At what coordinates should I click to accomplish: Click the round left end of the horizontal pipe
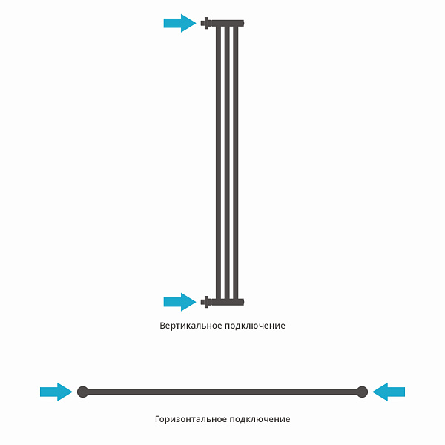click(x=82, y=392)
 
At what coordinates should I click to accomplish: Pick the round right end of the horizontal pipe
click(x=362, y=392)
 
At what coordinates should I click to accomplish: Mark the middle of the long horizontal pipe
click(x=222, y=392)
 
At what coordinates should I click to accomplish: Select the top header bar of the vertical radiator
click(x=226, y=23)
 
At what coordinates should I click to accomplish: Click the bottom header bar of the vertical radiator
click(x=226, y=302)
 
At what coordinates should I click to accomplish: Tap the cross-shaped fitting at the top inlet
click(x=205, y=23)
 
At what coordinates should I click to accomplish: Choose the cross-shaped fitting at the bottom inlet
click(x=205, y=302)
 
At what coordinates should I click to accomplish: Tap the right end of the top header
click(x=242, y=23)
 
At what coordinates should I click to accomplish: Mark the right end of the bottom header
click(x=242, y=302)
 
